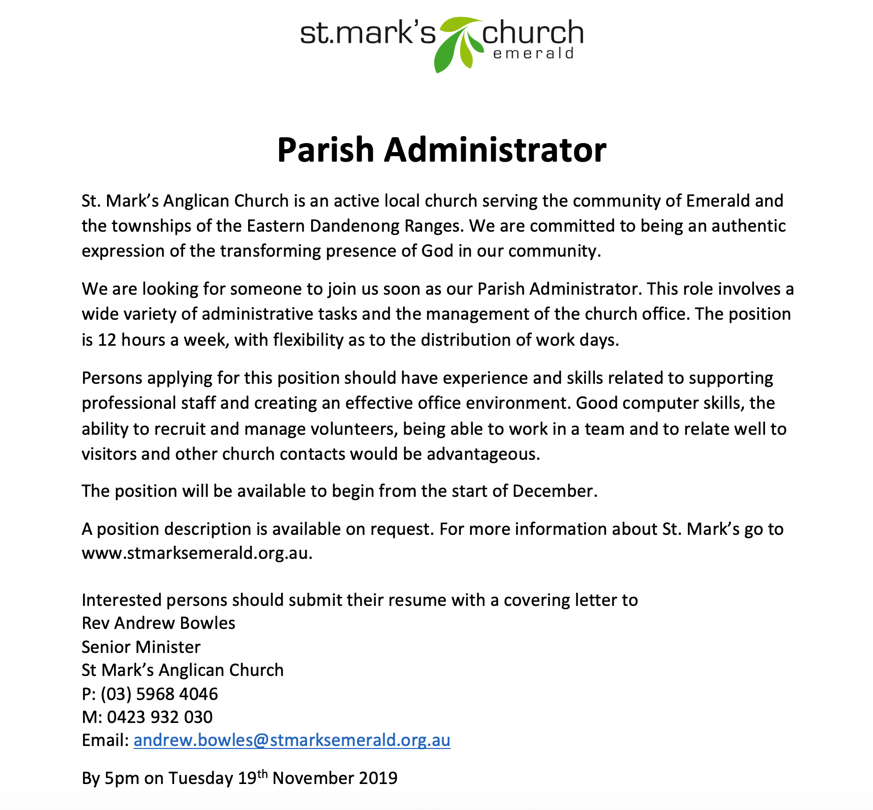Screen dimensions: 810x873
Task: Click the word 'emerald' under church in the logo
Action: tap(533, 54)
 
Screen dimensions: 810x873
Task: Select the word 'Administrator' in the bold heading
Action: tap(495, 150)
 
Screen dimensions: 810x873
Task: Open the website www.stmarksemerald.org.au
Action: tap(197, 554)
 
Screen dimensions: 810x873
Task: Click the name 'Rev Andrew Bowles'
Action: tap(158, 623)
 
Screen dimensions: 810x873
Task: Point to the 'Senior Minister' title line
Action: tap(141, 647)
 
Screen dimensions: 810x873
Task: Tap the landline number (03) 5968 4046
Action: tap(159, 694)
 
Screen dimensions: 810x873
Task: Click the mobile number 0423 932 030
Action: tap(160, 717)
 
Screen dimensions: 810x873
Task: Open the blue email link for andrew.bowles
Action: tap(292, 740)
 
